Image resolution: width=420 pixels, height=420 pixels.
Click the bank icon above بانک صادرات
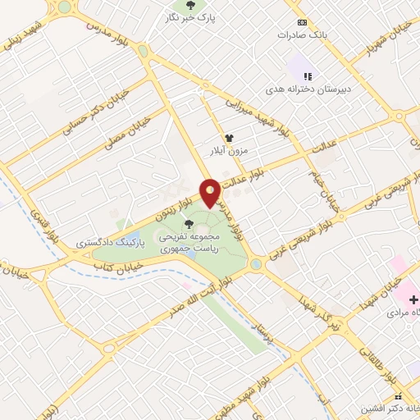(x=303, y=21)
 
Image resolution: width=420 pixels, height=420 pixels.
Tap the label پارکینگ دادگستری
(x=110, y=243)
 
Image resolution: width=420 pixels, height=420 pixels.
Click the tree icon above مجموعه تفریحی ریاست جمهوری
(x=189, y=223)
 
